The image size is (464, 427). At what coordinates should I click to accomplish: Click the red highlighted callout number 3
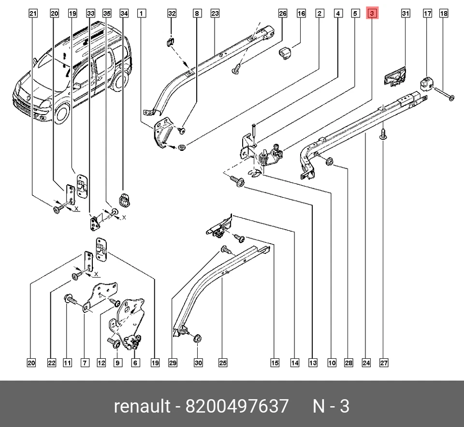tap(372, 14)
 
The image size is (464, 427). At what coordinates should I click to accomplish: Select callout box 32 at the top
tap(172, 14)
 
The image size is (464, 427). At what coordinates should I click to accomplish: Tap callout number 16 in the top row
tap(301, 14)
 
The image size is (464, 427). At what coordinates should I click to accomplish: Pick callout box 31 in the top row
tap(406, 14)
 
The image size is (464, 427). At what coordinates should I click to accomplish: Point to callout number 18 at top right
tap(444, 14)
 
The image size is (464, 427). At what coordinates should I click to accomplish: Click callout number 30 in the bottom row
tap(198, 363)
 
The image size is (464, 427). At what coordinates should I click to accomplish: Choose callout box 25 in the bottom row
tap(223, 363)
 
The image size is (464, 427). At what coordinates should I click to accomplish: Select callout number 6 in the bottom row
tap(135, 363)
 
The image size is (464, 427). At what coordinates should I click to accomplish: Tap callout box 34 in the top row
tap(124, 14)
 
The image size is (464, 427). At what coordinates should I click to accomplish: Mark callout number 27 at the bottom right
tap(383, 363)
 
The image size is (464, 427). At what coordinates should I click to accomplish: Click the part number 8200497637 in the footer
tap(237, 406)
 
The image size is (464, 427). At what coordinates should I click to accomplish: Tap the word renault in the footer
tap(142, 406)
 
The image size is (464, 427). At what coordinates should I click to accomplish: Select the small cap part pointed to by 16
tap(285, 53)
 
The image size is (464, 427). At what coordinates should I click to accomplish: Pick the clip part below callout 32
tap(170, 42)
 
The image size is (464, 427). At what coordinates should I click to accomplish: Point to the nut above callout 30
tap(197, 338)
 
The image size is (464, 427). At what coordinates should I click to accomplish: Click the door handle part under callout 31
tap(395, 78)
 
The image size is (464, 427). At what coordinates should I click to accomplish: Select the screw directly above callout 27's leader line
tap(383, 133)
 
